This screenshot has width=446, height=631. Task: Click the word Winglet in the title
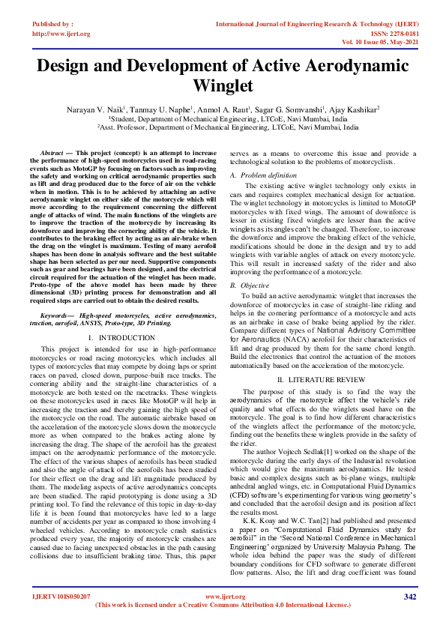click(x=223, y=86)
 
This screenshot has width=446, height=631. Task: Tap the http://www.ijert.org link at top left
click(x=61, y=34)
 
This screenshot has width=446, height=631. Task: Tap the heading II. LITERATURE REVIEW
click(x=323, y=381)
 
